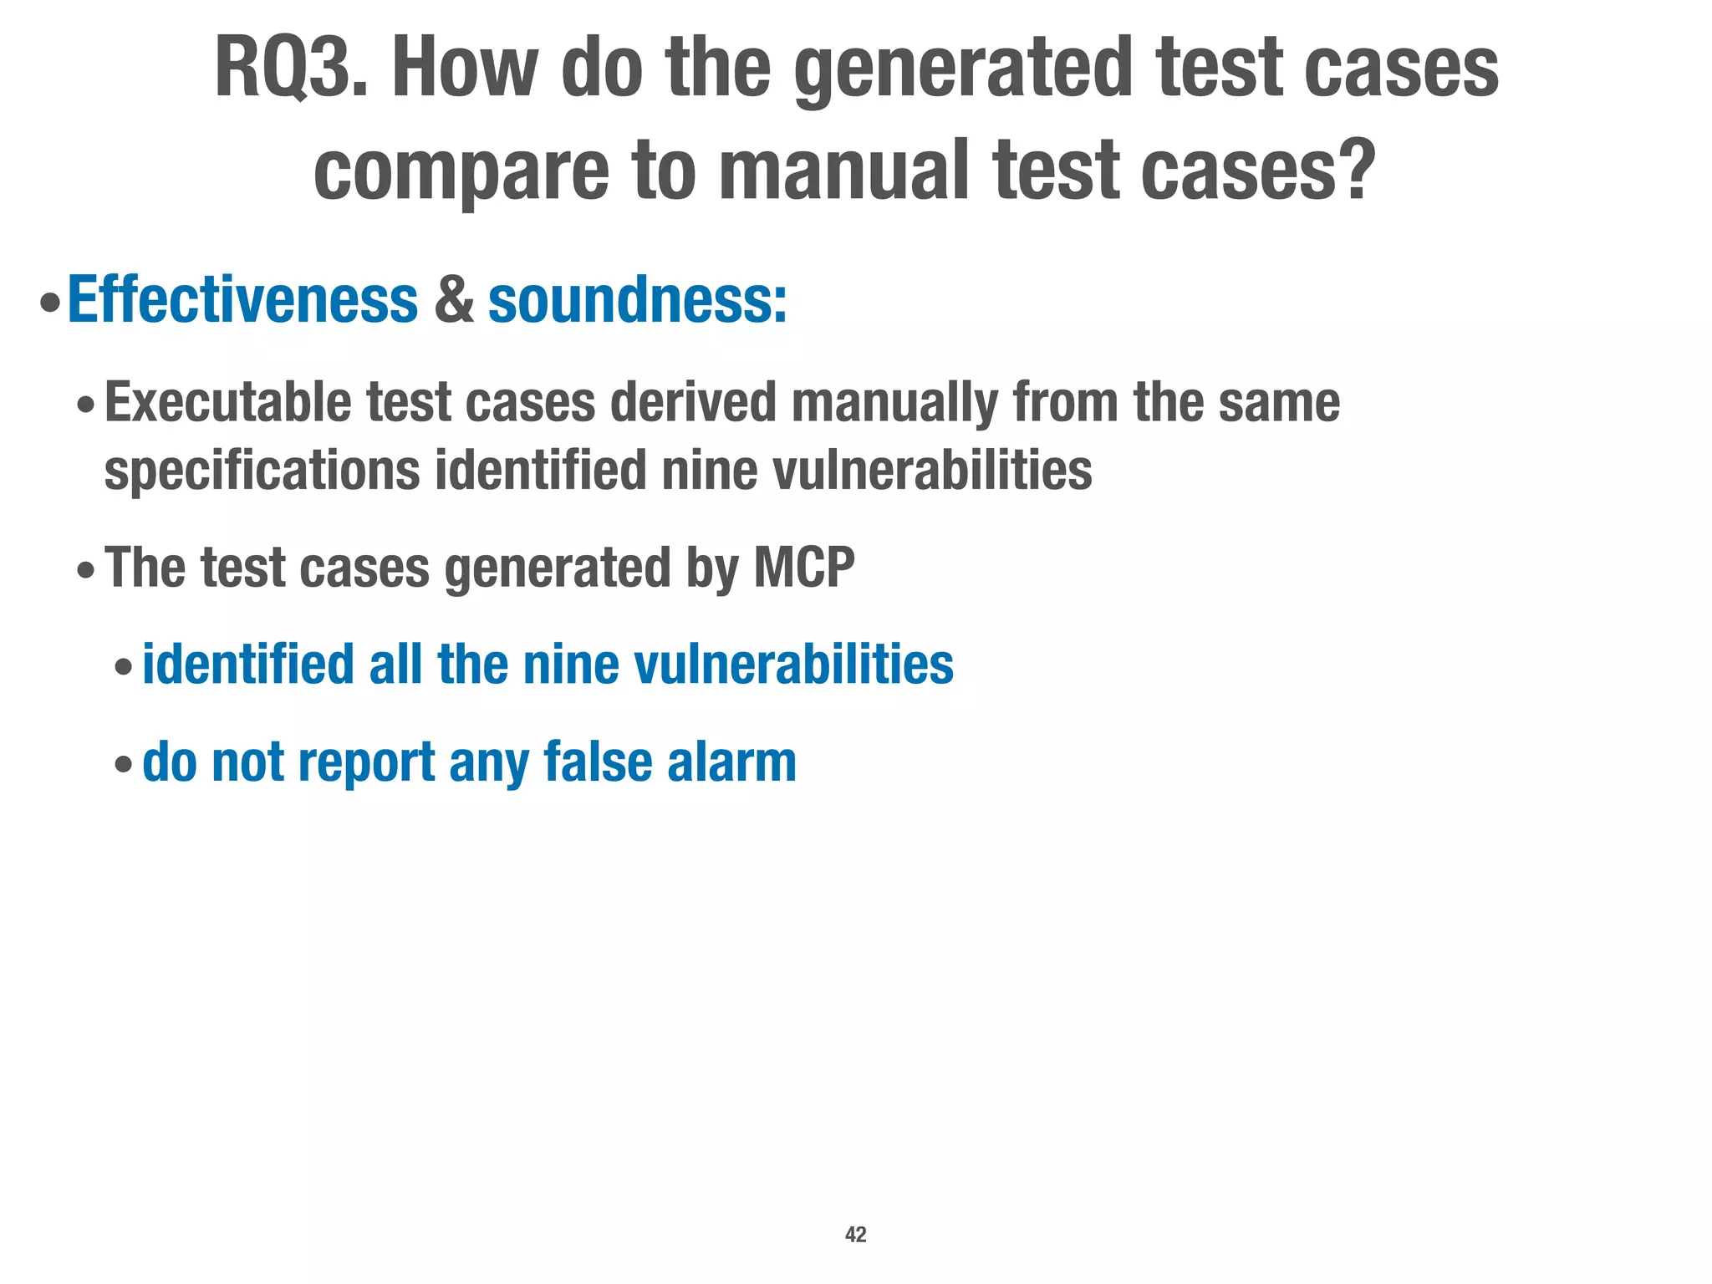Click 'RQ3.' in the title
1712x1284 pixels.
(x=290, y=69)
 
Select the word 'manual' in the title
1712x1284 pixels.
(x=843, y=170)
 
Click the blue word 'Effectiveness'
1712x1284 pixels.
(x=242, y=299)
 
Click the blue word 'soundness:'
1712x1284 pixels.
(x=637, y=299)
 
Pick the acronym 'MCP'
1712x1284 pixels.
(x=804, y=568)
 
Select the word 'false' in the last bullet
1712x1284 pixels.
(x=598, y=762)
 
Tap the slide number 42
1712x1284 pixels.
(x=856, y=1235)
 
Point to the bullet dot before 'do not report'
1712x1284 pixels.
(x=123, y=765)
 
